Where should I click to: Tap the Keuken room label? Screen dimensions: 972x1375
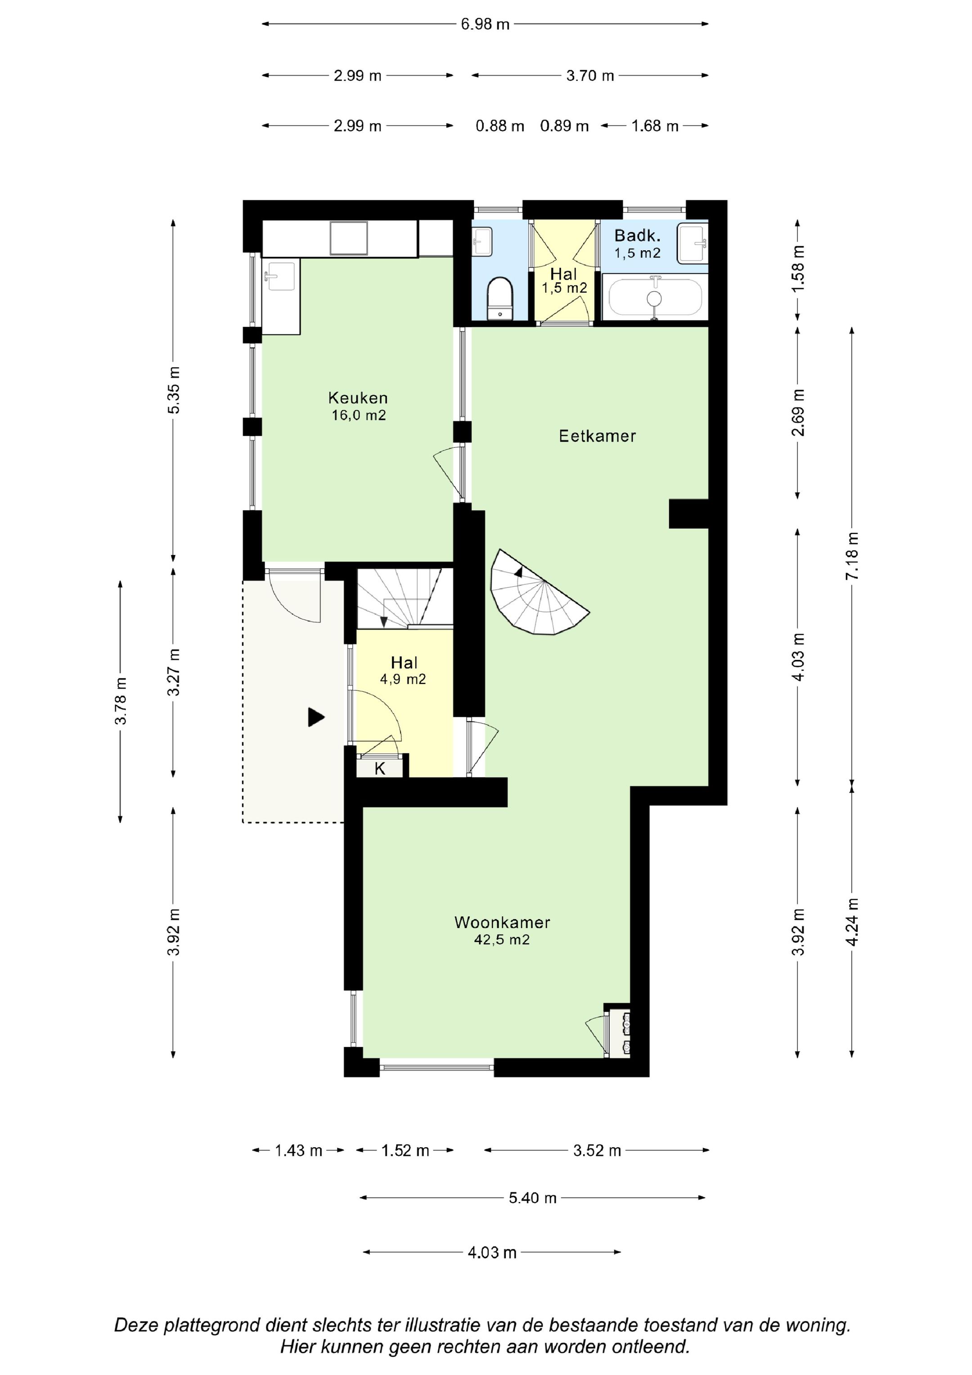(x=358, y=398)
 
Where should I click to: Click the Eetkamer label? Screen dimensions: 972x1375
(x=597, y=436)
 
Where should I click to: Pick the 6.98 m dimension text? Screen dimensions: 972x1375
(x=485, y=25)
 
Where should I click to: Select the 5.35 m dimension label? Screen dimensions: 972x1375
(x=174, y=389)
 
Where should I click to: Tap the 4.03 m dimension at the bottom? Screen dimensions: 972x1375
(x=492, y=1252)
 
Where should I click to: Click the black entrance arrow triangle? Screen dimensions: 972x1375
(x=315, y=717)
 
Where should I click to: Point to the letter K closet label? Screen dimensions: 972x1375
(x=380, y=769)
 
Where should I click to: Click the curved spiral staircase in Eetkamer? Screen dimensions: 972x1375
(x=536, y=593)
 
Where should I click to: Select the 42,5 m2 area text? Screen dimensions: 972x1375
(x=502, y=940)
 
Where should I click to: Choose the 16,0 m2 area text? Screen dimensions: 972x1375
(x=359, y=415)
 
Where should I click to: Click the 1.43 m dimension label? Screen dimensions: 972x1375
(x=298, y=1150)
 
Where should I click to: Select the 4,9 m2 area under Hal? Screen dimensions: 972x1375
(x=403, y=679)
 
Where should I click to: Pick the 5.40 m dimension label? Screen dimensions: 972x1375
(x=532, y=1198)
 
